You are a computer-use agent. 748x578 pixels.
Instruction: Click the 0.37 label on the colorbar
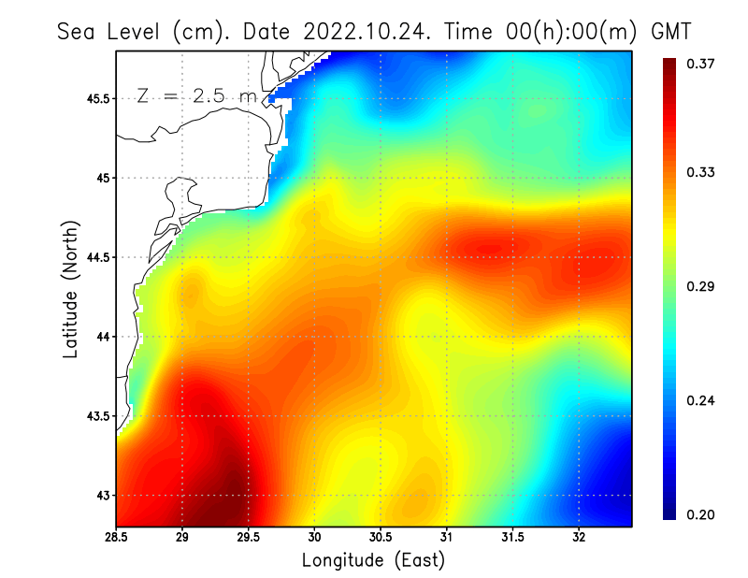coord(700,64)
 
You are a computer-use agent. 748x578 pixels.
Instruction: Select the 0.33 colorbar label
coord(700,172)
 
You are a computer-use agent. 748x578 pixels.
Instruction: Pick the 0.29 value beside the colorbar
coord(700,286)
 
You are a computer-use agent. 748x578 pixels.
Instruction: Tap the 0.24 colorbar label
coord(700,400)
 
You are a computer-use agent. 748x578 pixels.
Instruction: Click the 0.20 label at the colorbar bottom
coord(700,514)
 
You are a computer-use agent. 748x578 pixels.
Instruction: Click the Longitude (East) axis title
coord(373,560)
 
